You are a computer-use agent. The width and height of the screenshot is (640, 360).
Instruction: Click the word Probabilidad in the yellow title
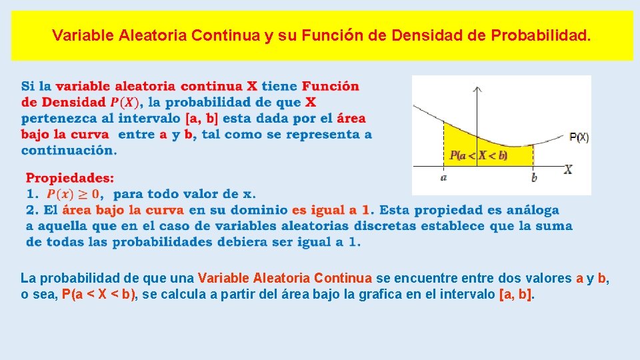click(540, 35)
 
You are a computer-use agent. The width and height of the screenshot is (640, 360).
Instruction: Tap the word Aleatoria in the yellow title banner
click(153, 35)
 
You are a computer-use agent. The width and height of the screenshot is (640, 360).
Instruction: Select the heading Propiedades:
click(70, 178)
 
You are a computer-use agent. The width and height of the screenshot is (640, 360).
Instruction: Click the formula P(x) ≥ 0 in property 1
click(73, 194)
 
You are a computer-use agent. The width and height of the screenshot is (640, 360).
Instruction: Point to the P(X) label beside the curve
click(579, 137)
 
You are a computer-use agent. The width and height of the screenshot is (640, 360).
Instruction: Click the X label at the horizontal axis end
click(568, 170)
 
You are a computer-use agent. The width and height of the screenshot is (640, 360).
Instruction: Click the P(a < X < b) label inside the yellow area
click(479, 155)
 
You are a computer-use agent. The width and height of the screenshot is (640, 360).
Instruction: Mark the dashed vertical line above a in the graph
click(444, 143)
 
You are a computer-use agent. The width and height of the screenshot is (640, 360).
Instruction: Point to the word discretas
click(381, 226)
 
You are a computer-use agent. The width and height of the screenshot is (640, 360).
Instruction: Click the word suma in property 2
click(553, 226)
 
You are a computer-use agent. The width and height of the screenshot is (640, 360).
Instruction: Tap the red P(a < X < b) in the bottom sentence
click(99, 294)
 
